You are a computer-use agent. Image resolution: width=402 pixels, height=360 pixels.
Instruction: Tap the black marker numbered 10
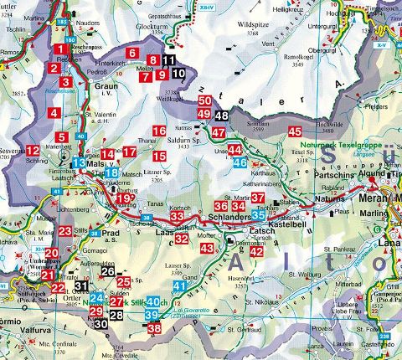pos(178,75)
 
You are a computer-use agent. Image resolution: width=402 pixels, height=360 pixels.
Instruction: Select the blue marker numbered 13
pos(80,162)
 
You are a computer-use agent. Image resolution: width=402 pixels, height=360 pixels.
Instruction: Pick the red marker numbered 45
pos(295,131)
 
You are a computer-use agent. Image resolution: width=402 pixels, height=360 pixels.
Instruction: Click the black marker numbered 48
pos(220,116)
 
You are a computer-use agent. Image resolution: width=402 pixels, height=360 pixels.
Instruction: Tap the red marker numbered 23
pos(65,231)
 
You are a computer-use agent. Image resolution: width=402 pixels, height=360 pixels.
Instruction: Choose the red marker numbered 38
pos(154,328)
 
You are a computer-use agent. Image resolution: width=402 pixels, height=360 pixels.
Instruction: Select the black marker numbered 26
pos(108,270)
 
